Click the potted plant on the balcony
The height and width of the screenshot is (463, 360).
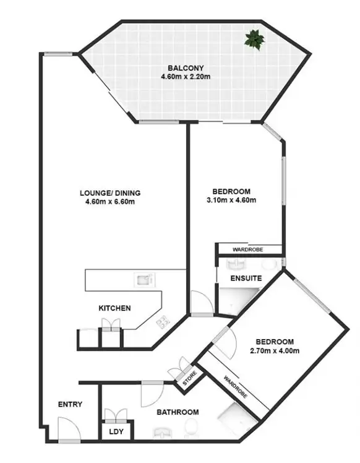[x=254, y=40]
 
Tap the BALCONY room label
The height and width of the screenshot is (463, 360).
[x=186, y=68]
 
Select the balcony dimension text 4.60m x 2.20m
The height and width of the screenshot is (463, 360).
[x=186, y=77]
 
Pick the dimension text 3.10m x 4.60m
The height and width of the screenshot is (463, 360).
[x=231, y=200]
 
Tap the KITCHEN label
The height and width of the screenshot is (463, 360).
[x=114, y=308]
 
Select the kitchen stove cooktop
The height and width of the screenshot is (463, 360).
[x=163, y=321]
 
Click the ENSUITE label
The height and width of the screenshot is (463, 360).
[x=246, y=279]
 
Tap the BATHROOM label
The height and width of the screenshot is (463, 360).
[x=177, y=412]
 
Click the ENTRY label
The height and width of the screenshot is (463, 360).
[x=70, y=405]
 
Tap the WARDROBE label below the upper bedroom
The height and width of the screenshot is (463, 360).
[x=247, y=250]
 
